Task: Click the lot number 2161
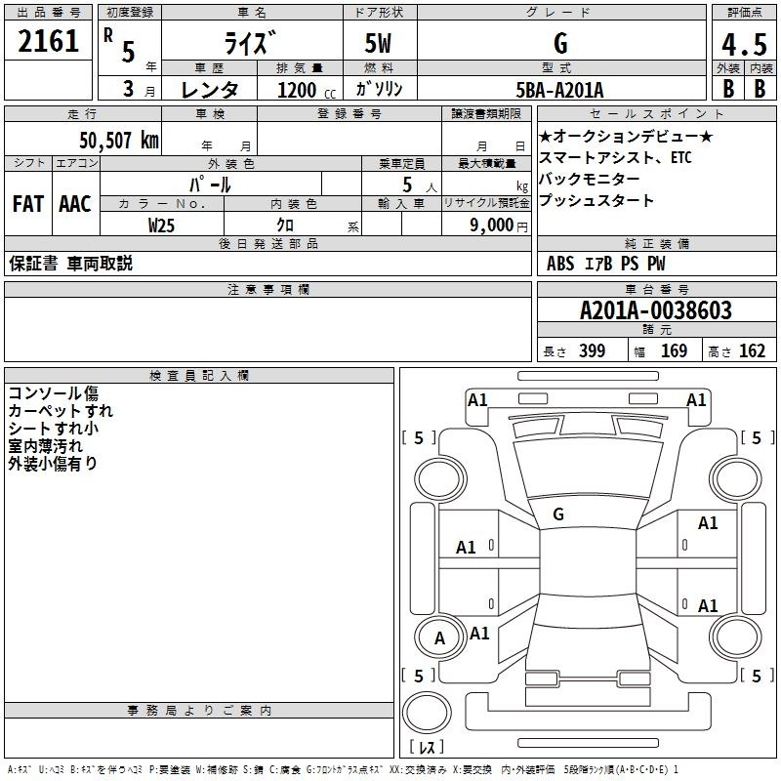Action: point(48,41)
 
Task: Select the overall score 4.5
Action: point(744,45)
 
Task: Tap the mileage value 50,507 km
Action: point(119,141)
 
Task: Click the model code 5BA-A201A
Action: point(559,90)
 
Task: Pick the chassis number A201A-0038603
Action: point(656,310)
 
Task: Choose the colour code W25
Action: point(161,226)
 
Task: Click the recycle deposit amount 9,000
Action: point(492,226)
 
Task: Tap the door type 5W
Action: point(378,43)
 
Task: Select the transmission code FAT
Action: point(28,204)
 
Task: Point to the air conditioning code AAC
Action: point(75,204)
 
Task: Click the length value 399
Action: point(593,350)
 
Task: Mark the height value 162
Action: point(752,350)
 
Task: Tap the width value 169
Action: point(674,350)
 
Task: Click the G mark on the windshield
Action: point(558,514)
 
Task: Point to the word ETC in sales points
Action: point(680,157)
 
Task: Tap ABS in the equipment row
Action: point(560,264)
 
